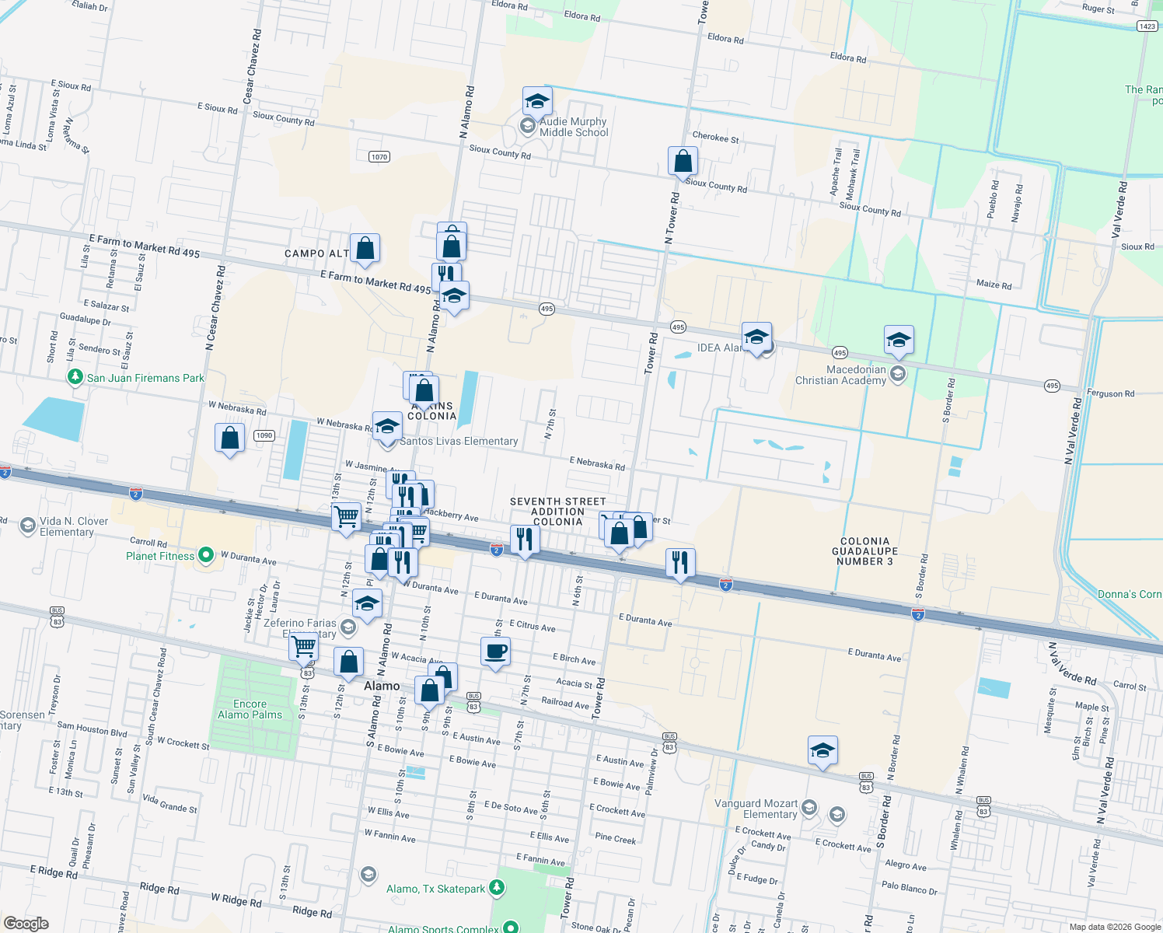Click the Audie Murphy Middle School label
(x=573, y=127)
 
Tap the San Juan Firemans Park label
(x=145, y=378)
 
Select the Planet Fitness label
(x=161, y=556)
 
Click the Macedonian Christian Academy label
(x=840, y=375)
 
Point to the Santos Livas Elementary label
(x=459, y=441)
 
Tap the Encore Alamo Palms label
(x=250, y=709)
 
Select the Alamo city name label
(x=382, y=686)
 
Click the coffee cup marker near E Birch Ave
(x=495, y=652)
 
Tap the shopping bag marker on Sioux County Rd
(x=683, y=162)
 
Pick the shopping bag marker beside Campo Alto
(x=365, y=249)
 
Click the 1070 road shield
(x=379, y=156)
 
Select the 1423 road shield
(x=1147, y=26)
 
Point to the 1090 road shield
(x=264, y=435)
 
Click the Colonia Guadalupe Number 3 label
(x=864, y=551)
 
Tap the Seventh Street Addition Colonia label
(x=557, y=512)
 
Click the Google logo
(x=26, y=924)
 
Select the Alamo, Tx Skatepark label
(x=435, y=889)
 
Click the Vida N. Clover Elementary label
(x=66, y=526)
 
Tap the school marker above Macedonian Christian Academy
(x=899, y=340)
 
